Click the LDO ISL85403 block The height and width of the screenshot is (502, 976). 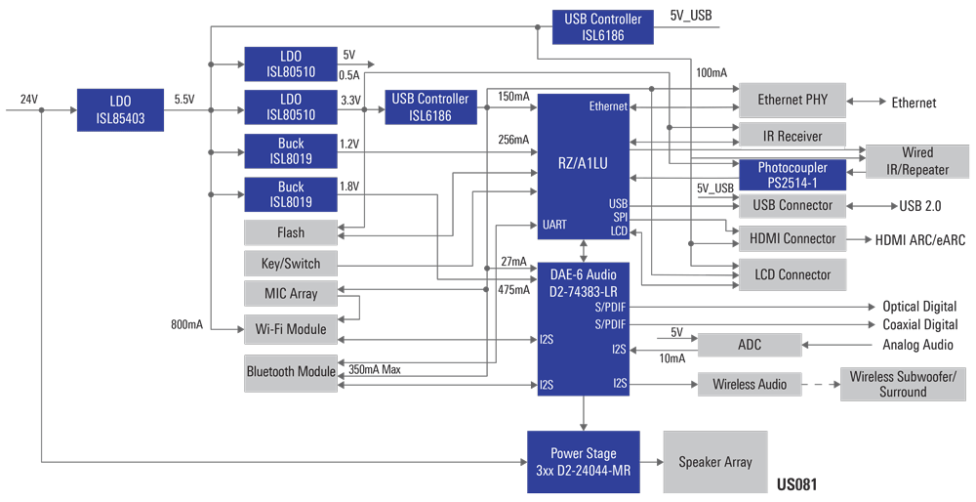[x=119, y=110]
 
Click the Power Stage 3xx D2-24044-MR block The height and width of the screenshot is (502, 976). [x=584, y=461]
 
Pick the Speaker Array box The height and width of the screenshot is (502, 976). [x=715, y=462]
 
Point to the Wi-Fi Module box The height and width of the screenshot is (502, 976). [x=291, y=329]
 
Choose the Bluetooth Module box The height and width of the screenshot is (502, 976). [x=291, y=371]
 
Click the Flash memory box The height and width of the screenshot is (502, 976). [x=291, y=232]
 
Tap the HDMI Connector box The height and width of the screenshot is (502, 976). [x=793, y=238]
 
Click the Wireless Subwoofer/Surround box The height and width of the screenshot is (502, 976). [x=902, y=384]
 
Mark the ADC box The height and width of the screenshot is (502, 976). [x=749, y=345]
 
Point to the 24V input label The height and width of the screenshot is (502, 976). [x=28, y=100]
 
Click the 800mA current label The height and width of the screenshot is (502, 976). [x=186, y=324]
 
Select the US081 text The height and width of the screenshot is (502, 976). [x=796, y=484]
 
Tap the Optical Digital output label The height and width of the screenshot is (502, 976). [x=919, y=307]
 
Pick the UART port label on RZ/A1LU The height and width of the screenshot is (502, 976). [x=554, y=225]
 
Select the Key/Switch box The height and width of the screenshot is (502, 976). [x=291, y=263]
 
